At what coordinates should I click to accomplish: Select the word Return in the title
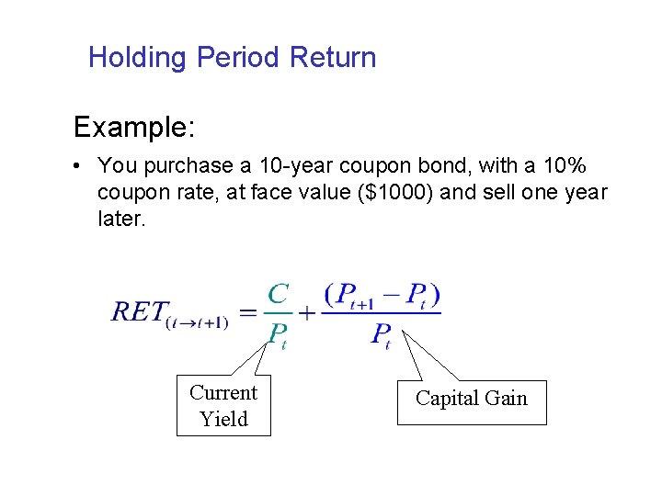pyautogui.click(x=333, y=59)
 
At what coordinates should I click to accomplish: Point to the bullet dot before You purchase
pyautogui.click(x=82, y=166)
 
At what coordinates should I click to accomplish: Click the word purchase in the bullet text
pyautogui.click(x=175, y=166)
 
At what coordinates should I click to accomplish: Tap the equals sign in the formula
pyautogui.click(x=246, y=313)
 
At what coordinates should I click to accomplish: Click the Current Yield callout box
pyautogui.click(x=223, y=405)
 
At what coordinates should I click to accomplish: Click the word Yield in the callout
pyautogui.click(x=223, y=419)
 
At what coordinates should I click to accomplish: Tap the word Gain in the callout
pyautogui.click(x=508, y=398)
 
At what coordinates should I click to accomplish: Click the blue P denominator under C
pyautogui.click(x=277, y=335)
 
